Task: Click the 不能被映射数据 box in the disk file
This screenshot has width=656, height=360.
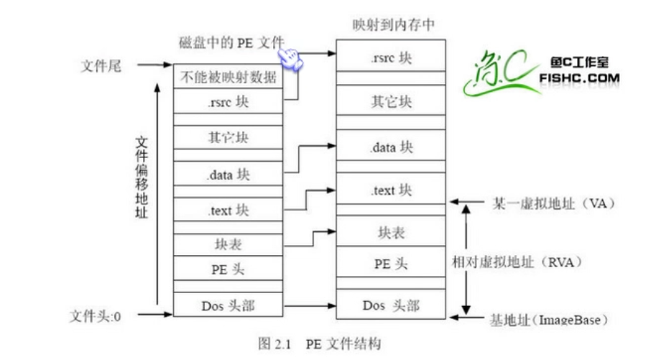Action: click(228, 77)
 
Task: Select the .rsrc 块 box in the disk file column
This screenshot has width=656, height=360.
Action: click(228, 102)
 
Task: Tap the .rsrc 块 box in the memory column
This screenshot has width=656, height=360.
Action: click(392, 58)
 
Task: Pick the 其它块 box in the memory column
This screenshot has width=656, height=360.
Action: click(392, 101)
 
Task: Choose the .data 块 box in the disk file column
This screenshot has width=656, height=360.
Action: click(228, 174)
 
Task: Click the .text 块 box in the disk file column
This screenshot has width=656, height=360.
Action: click(228, 210)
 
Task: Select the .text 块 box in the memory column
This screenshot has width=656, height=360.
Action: click(392, 190)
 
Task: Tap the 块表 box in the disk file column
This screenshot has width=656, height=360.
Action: click(228, 244)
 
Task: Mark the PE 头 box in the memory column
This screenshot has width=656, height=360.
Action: click(392, 263)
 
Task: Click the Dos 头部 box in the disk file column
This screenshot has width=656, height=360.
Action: click(228, 305)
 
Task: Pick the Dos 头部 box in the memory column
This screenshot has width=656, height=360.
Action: click(392, 305)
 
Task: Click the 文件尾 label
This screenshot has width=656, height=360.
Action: click(101, 66)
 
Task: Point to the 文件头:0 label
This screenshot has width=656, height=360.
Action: click(94, 315)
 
